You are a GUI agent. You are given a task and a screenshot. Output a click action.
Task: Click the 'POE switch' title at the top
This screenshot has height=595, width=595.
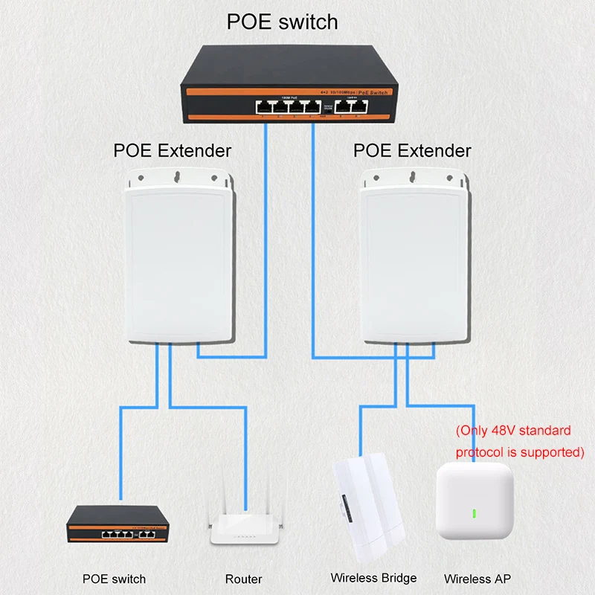click(x=282, y=22)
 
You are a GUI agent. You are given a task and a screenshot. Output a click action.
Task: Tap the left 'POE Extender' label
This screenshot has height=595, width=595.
click(x=172, y=150)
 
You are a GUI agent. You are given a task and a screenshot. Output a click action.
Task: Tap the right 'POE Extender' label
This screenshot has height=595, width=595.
click(x=412, y=150)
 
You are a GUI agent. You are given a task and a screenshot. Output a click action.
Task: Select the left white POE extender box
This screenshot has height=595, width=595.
click(x=176, y=260)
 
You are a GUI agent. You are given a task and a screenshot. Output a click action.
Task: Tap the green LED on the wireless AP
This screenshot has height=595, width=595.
click(x=472, y=513)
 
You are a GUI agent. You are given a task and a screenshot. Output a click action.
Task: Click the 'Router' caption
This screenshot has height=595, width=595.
click(x=243, y=579)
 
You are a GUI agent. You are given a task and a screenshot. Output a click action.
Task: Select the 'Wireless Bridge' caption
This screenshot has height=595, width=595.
click(x=373, y=578)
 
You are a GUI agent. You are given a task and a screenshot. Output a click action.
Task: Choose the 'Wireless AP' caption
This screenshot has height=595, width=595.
click(x=477, y=579)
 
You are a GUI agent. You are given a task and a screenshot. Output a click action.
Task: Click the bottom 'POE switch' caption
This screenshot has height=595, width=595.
click(x=114, y=579)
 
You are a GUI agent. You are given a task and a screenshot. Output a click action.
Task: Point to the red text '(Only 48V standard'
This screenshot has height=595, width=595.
click(x=512, y=431)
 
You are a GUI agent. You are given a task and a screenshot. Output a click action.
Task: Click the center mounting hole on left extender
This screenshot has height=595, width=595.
click(x=176, y=177)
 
